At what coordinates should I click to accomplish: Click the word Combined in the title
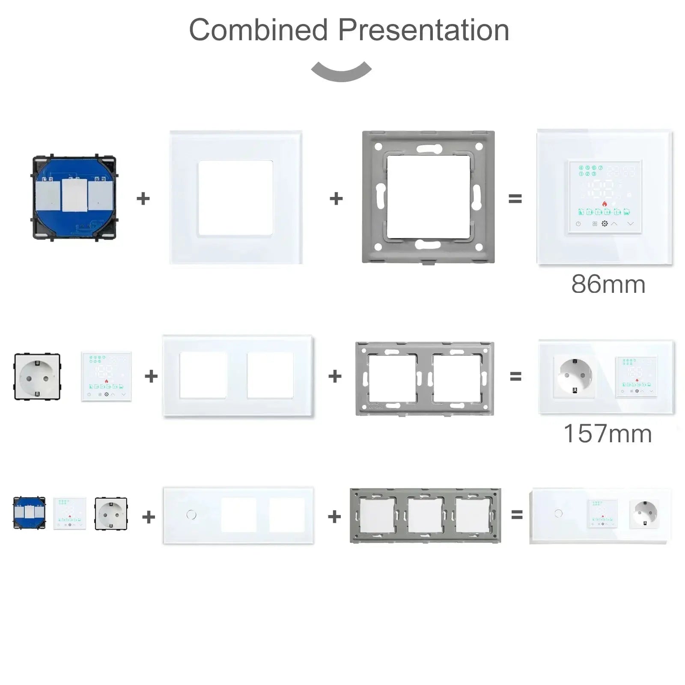tap(259, 30)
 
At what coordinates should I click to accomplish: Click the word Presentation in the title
tap(424, 30)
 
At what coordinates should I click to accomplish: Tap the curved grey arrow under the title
tap(342, 73)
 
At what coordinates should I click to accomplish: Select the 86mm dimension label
tap(608, 284)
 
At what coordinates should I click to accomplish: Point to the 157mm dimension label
tap(608, 434)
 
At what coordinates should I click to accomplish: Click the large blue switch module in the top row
tap(74, 197)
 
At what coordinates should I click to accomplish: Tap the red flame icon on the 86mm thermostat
tap(605, 203)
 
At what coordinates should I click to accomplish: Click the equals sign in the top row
tap(515, 199)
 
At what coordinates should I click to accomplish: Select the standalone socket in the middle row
tap(37, 377)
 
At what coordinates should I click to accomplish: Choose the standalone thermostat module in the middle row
tap(107, 377)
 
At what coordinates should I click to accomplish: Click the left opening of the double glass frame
tap(203, 375)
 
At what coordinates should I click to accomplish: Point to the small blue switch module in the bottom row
tap(29, 513)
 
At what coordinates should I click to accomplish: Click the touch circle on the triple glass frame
tap(191, 515)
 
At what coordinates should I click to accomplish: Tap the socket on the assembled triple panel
tap(644, 513)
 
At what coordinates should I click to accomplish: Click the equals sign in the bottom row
tap(517, 515)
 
